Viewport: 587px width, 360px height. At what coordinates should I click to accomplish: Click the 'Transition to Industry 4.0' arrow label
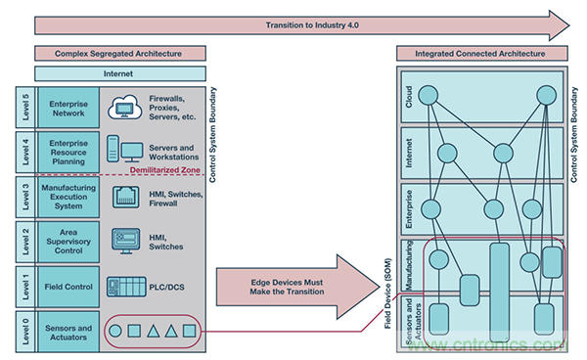(312, 25)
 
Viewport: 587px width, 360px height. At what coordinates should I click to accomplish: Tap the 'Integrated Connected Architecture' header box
(481, 54)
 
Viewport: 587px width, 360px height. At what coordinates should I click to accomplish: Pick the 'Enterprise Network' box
(68, 109)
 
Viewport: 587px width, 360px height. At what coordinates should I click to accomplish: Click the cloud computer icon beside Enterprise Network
(124, 107)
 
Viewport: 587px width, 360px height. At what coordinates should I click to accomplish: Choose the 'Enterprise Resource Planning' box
(68, 153)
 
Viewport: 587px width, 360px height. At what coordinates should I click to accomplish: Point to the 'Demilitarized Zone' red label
(164, 170)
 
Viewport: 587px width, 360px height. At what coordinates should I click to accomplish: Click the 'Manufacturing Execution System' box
(68, 197)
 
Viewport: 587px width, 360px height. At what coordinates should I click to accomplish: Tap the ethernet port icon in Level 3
(126, 197)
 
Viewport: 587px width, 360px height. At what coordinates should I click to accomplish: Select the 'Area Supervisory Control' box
(68, 242)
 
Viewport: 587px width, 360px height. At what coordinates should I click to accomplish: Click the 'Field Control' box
(68, 287)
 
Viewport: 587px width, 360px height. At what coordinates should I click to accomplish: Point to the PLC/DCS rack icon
(126, 287)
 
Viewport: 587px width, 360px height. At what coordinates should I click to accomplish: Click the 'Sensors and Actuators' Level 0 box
(68, 333)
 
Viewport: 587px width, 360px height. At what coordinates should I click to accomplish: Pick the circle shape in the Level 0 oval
(115, 331)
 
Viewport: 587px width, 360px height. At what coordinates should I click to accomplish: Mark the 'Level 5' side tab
(25, 108)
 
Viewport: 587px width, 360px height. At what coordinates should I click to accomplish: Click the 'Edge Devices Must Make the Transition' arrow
(298, 287)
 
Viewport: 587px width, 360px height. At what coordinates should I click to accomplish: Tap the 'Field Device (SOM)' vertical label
(387, 293)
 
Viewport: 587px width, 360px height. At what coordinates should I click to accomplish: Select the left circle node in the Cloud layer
(429, 95)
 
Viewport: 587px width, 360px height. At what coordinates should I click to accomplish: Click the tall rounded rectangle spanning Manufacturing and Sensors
(499, 292)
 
